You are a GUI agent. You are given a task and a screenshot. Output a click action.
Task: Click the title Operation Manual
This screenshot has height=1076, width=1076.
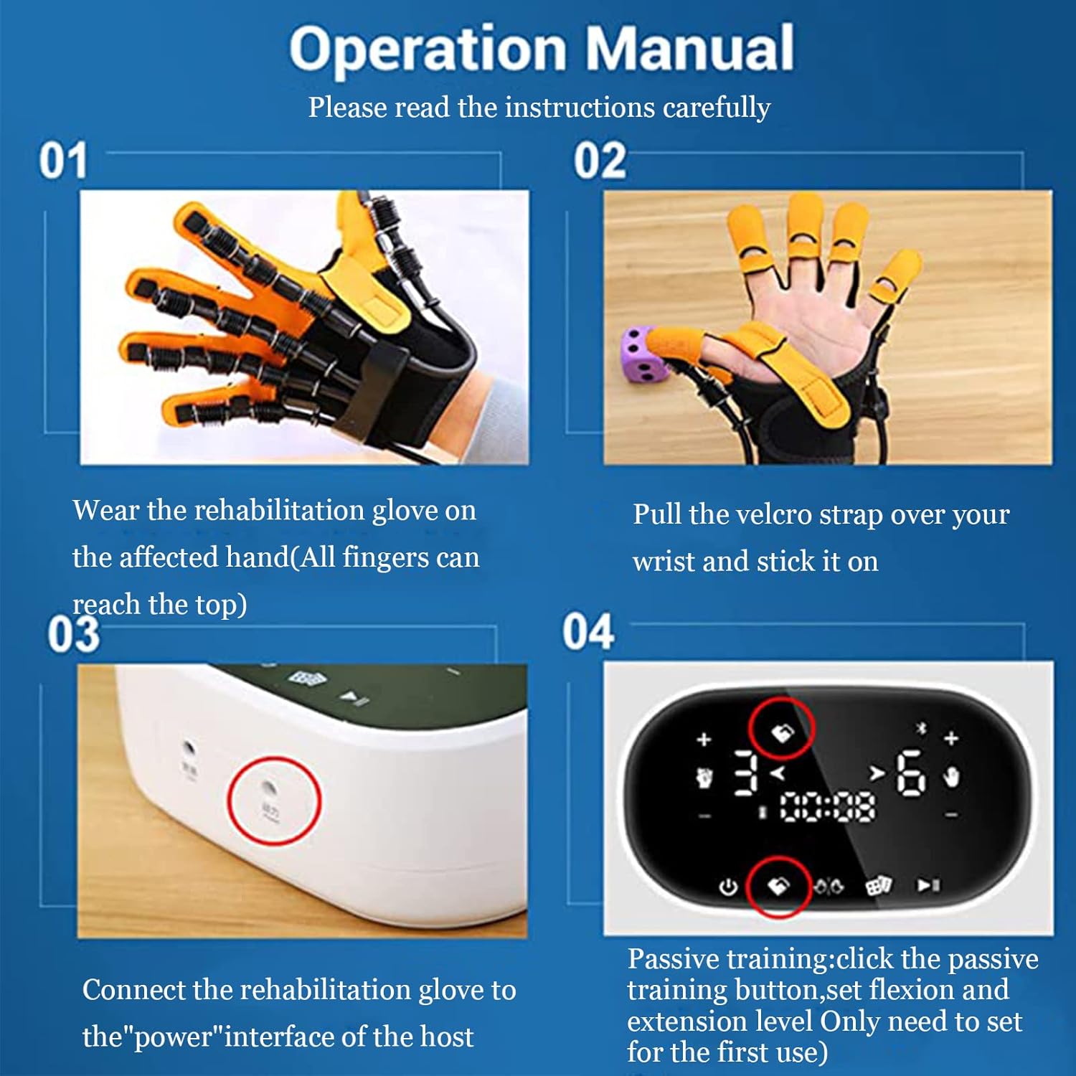pos(542,49)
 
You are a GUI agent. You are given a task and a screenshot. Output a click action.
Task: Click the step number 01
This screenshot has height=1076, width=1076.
pos(63,161)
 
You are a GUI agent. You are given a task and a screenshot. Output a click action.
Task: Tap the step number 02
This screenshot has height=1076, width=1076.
pos(600,161)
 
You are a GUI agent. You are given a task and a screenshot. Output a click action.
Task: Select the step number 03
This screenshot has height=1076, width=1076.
pos(73,635)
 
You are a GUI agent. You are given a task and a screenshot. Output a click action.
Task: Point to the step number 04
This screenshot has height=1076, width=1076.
pos(588,632)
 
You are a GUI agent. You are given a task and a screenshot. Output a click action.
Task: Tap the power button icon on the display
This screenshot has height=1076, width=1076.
pos(728,887)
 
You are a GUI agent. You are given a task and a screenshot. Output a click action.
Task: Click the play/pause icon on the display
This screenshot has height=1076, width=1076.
pos(928,886)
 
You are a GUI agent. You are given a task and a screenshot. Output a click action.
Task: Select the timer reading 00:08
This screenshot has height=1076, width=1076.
pos(827,808)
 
